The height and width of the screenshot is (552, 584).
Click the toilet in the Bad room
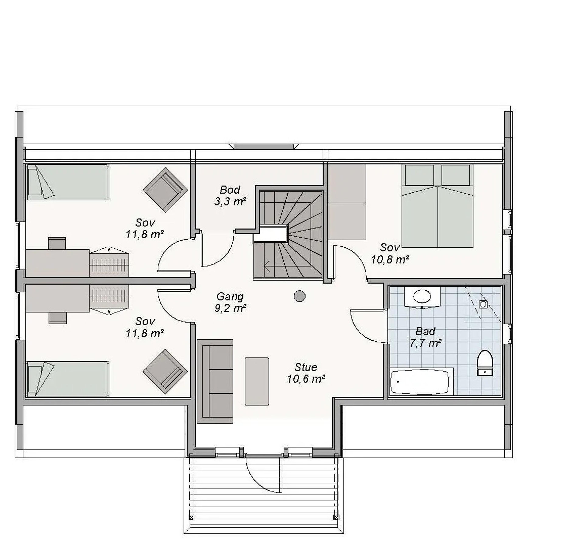point(485,363)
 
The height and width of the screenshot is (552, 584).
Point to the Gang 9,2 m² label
point(230,302)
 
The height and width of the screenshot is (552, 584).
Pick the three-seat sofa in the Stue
point(215,381)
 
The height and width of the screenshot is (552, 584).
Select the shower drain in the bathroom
point(483,304)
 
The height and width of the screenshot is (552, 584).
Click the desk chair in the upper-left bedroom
point(57,243)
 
